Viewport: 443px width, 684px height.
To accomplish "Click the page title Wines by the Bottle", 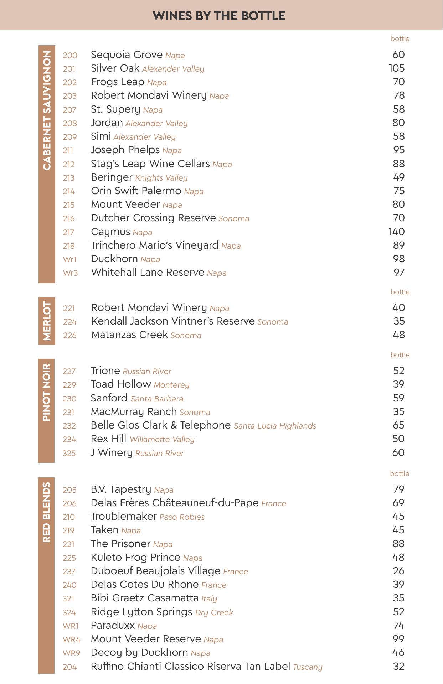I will [219, 16].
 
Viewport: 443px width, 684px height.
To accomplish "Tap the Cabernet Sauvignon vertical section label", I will [47, 110].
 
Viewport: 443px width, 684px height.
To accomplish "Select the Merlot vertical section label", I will [47, 321].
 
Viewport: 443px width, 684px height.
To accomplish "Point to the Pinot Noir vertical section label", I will [46, 392].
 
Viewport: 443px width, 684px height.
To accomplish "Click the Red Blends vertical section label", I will [46, 513].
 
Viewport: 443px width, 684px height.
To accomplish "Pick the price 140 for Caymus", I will [396, 232].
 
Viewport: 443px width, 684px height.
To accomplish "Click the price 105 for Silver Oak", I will [397, 68].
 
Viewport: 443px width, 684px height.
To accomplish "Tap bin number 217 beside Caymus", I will [68, 233].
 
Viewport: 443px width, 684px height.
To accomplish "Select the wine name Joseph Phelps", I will [125, 150].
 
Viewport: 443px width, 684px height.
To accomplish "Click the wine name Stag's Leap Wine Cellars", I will [150, 164].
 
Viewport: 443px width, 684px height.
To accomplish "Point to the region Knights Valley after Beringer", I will [161, 178].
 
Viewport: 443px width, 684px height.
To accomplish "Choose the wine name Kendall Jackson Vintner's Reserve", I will [173, 321].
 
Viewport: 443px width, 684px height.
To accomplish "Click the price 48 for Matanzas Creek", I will [398, 335].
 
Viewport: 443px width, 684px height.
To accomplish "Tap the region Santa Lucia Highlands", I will [275, 426].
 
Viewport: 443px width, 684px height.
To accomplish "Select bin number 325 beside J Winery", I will [69, 453].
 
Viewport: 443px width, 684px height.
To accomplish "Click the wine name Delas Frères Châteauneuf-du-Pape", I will [174, 503].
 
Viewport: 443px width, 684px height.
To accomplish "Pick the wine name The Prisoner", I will [120, 544].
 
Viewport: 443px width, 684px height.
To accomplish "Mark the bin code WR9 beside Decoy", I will [71, 653].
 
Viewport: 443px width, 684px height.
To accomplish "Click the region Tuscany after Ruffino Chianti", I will [308, 667].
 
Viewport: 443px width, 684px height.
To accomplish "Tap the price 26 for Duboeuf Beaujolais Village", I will [398, 571].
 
